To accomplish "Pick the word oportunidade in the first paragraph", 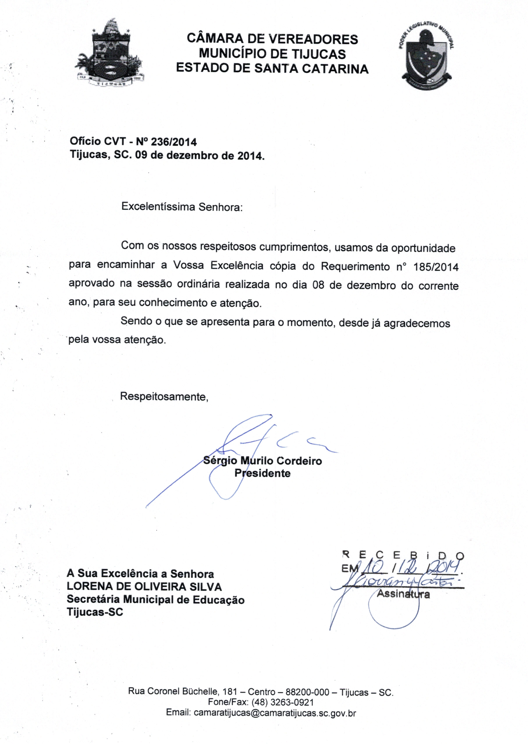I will [423, 249].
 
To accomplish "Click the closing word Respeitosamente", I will [164, 397].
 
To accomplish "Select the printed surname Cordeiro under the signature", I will [299, 461].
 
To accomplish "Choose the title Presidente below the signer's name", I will [262, 473].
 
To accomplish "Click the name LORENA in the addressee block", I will [89, 587].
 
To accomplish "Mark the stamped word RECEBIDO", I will [403, 555].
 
